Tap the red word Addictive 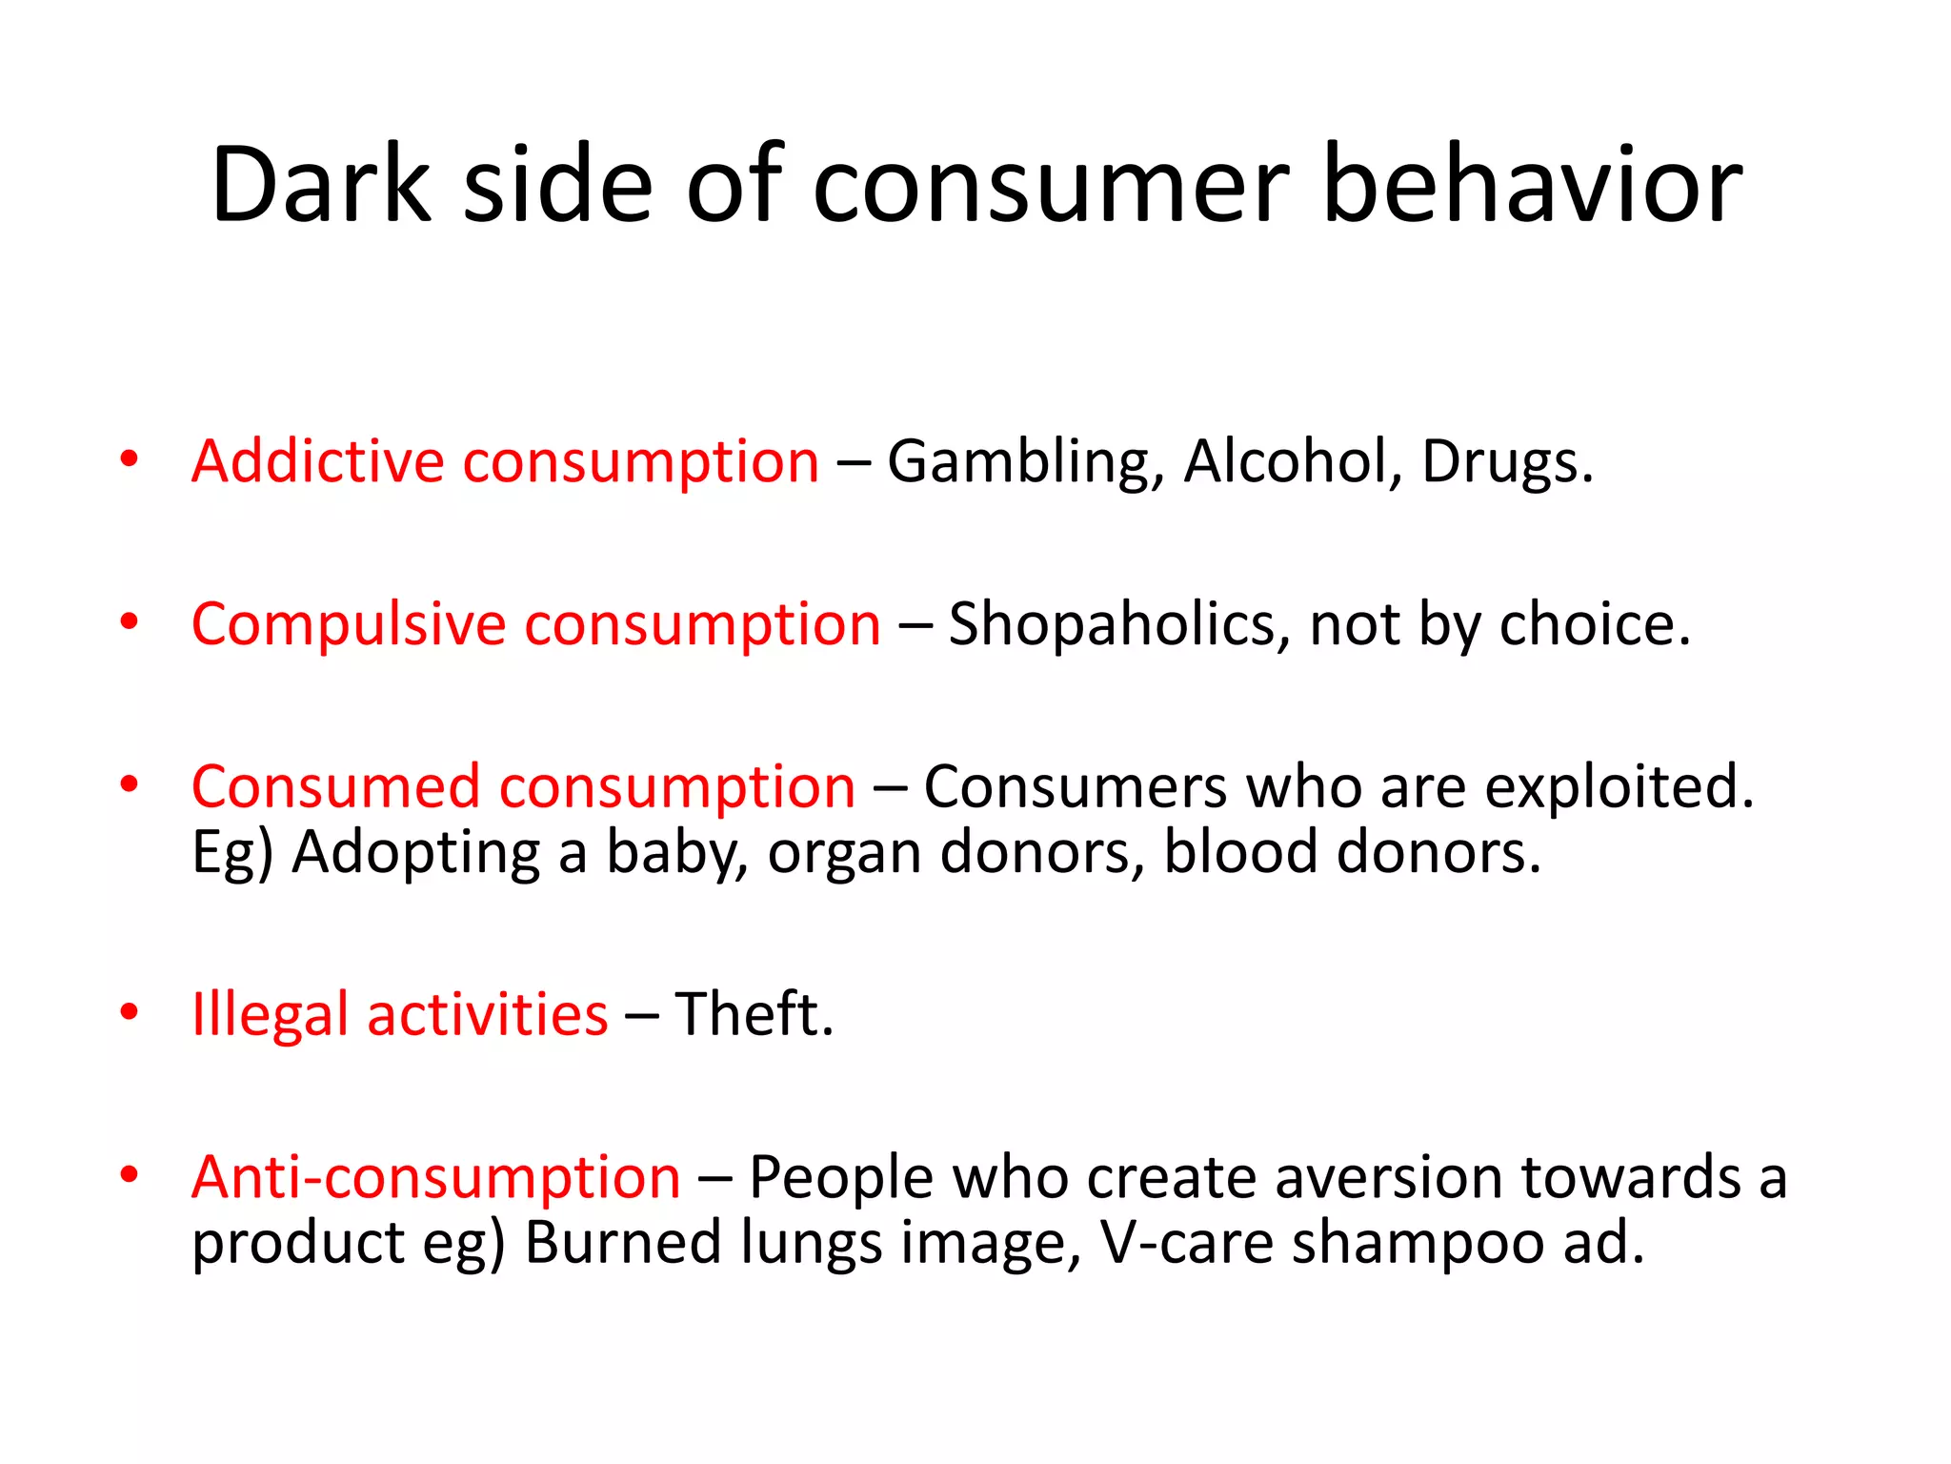point(317,461)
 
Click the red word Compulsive point(349,625)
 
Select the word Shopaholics point(1118,625)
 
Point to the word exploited point(1619,789)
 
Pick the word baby point(676,853)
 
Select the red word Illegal point(270,1014)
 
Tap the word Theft point(753,1014)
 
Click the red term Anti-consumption point(436,1178)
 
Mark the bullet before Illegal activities point(130,1012)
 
